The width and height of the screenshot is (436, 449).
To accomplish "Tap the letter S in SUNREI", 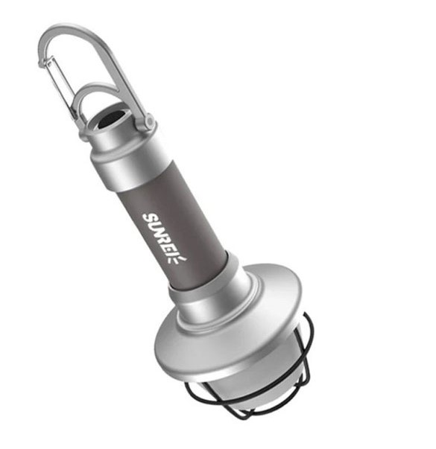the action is pyautogui.click(x=150, y=218).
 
